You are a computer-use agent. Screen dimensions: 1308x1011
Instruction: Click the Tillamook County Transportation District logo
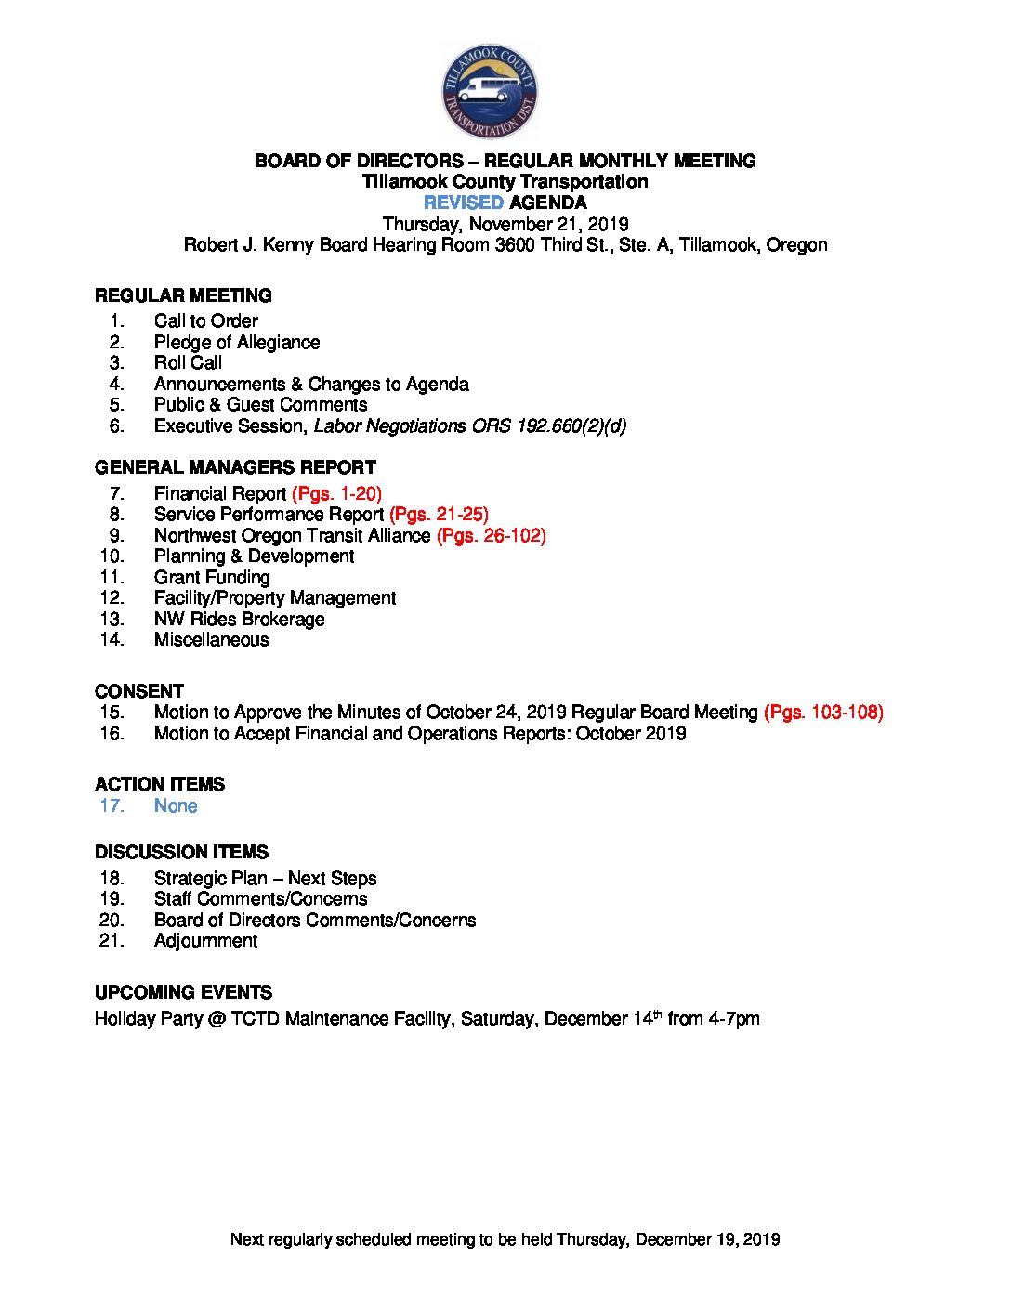coord(490,91)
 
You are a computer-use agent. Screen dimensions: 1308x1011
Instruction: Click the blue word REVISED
coord(464,203)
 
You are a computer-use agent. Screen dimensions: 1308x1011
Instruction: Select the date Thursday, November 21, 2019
coord(505,224)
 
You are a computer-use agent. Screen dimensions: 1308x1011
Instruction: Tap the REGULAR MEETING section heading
coord(183,295)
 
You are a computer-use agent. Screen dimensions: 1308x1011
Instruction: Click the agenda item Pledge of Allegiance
coord(237,342)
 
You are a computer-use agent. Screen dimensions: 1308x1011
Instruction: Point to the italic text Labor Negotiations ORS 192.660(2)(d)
coord(470,425)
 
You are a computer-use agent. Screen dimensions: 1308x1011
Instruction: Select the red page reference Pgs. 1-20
coord(337,493)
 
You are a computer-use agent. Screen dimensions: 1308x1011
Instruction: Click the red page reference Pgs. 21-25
coord(439,514)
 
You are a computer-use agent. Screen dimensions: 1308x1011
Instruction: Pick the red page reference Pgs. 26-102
coord(492,535)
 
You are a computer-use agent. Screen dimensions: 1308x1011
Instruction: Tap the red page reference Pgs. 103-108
coord(823,712)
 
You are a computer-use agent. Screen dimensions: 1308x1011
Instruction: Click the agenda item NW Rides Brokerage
coord(240,619)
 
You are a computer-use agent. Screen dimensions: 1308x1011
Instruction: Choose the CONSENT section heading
coord(139,691)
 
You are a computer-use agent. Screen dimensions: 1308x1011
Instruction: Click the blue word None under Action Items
coord(176,805)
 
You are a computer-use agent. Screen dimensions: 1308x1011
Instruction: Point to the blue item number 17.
coord(112,805)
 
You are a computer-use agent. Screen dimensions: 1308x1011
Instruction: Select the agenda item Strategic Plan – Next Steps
coord(266,878)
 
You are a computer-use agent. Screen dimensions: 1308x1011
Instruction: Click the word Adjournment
coord(206,940)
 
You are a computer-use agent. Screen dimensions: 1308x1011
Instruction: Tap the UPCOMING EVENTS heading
coord(183,992)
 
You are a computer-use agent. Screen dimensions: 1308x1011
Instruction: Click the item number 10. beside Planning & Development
coord(112,556)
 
